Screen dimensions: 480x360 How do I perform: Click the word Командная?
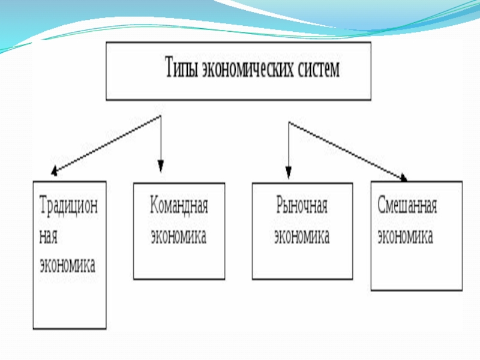tap(178, 208)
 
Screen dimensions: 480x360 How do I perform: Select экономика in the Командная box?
tap(178, 236)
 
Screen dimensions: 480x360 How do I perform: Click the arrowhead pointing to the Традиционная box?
tap(55, 173)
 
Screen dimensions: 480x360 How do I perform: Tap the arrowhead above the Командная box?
tap(160, 166)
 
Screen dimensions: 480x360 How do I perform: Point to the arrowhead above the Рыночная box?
tap(289, 173)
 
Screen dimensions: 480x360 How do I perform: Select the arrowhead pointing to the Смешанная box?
tap(404, 177)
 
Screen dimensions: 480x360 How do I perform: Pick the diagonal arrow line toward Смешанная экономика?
tap(347, 150)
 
